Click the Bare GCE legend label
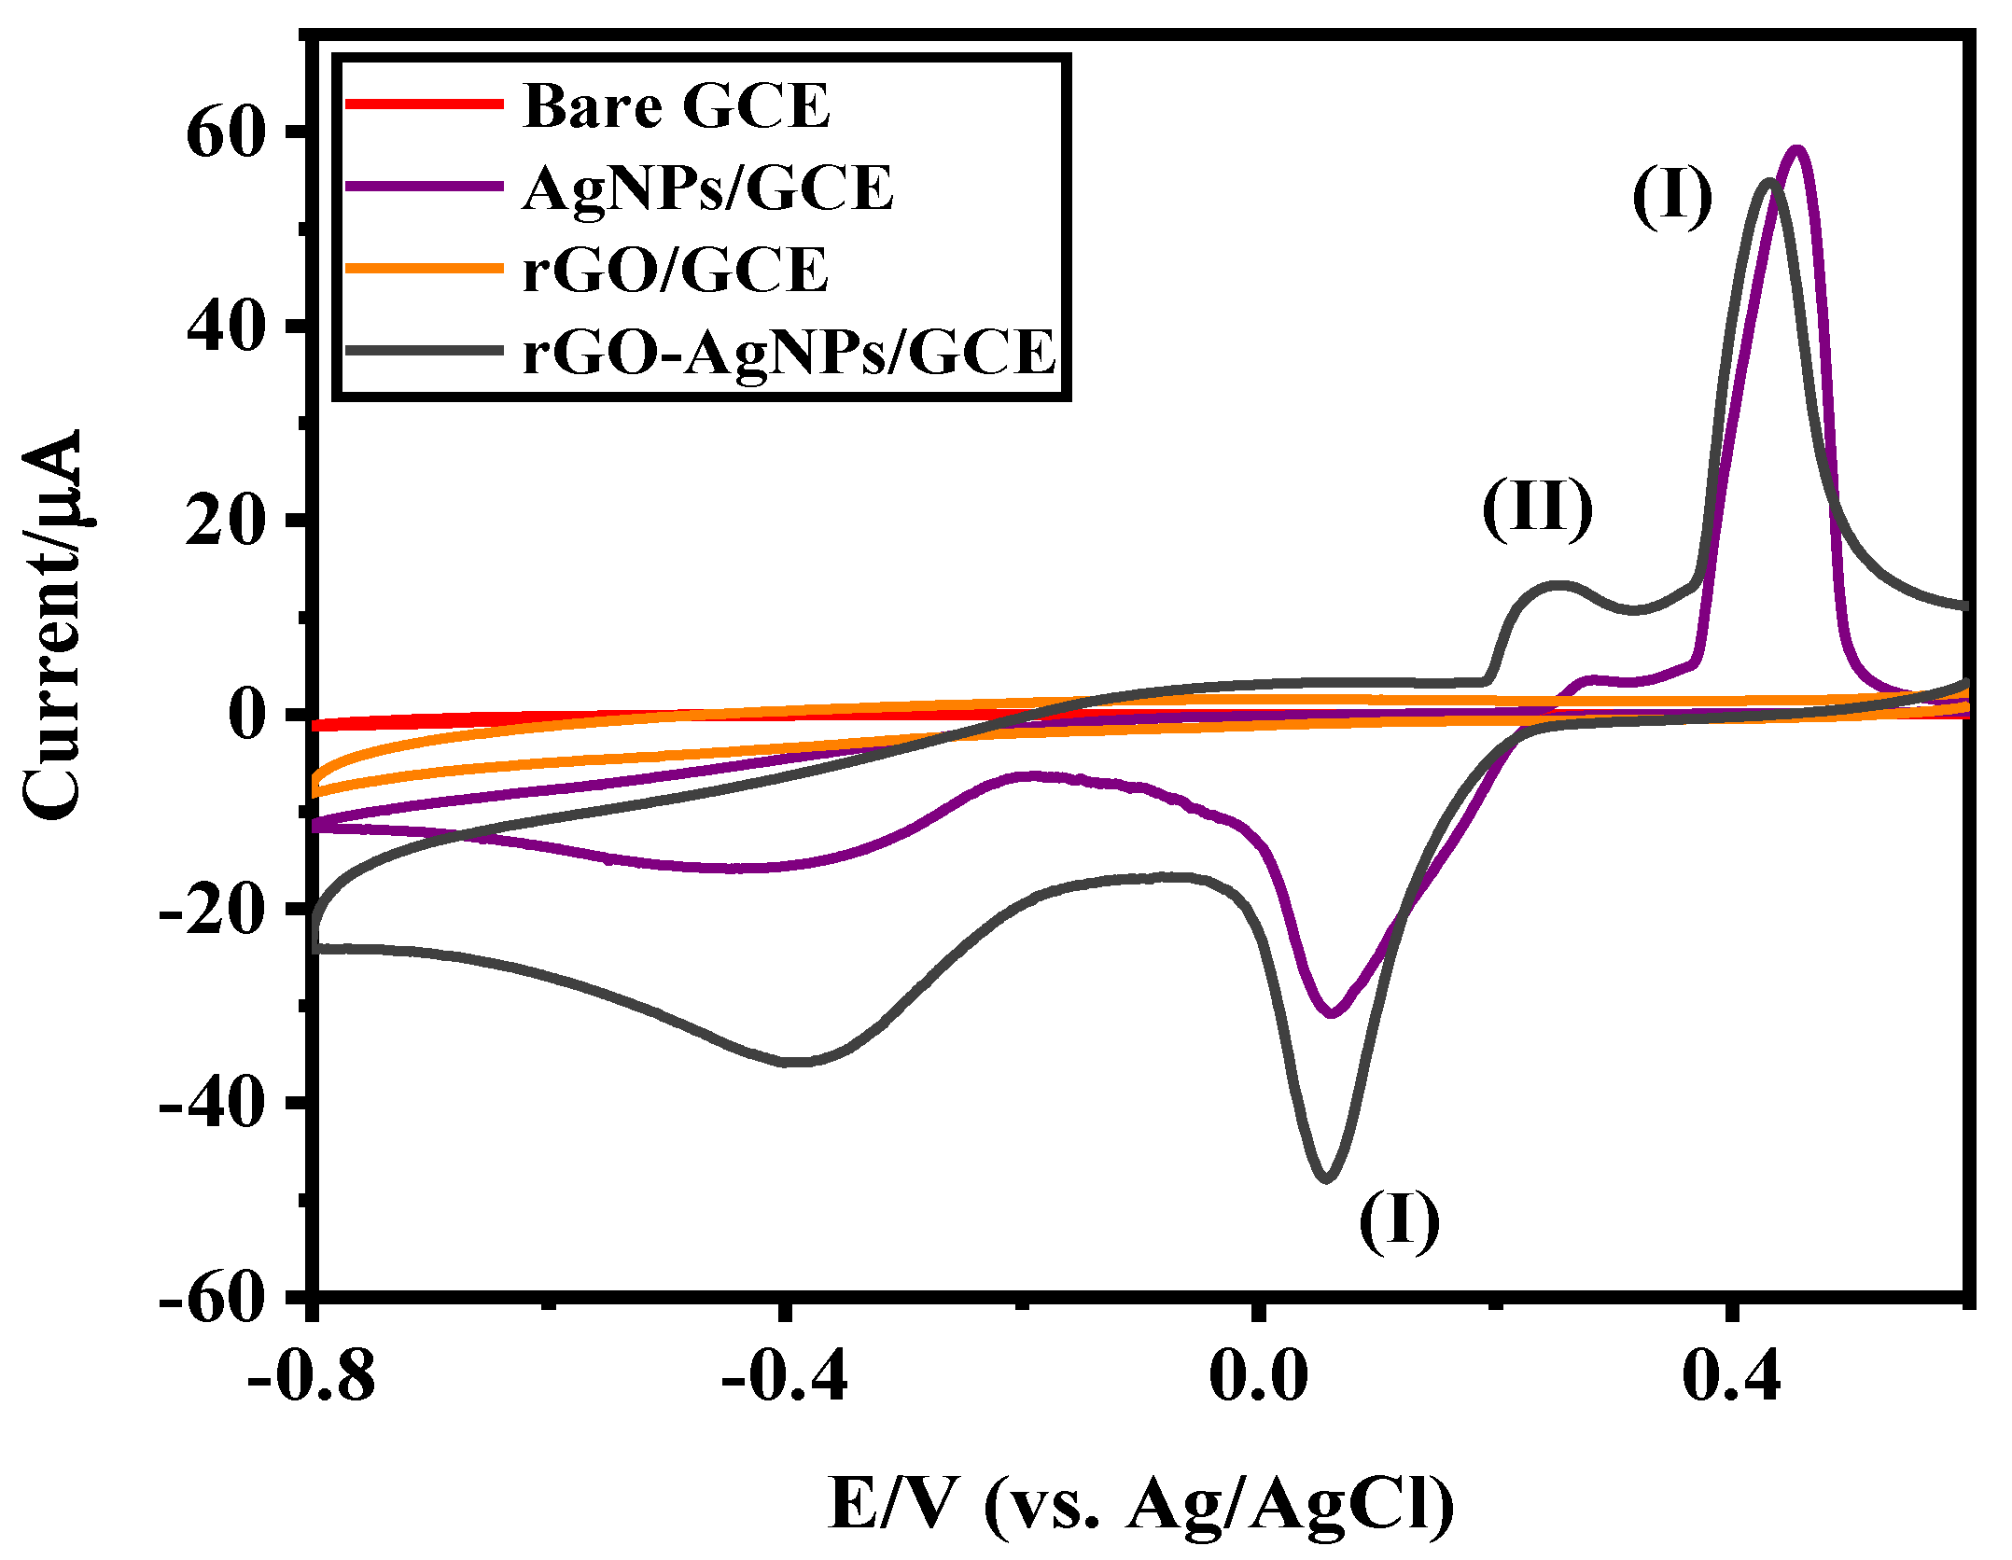676,105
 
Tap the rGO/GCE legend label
675,270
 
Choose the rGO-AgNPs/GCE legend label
789,352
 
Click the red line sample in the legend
425,104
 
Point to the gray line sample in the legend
425,351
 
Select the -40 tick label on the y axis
208,1104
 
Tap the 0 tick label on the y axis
248,716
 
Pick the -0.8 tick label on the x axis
312,1376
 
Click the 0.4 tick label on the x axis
1732,1376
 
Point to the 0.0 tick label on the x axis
1257,1376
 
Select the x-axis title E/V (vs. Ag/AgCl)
1140,1503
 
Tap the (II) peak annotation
1537,508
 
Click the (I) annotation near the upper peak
1672,198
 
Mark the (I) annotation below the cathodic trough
1399,1221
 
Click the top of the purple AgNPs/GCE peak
1797,149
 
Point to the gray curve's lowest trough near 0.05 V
1326,1178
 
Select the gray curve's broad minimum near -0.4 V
798,1062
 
